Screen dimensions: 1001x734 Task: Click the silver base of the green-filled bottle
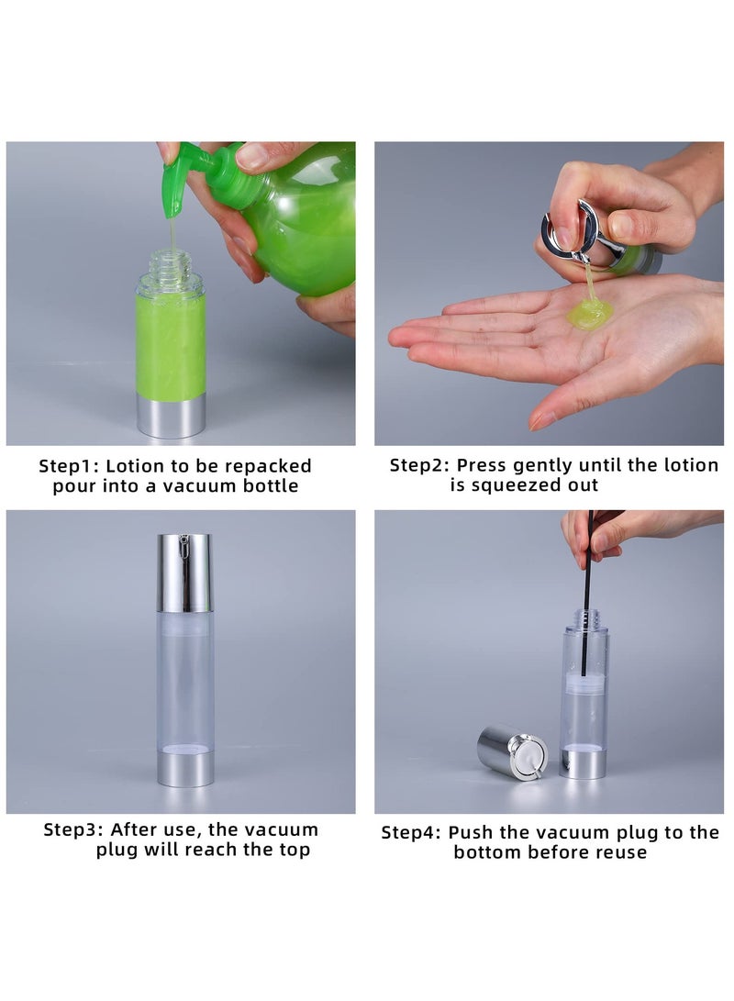pos(171,416)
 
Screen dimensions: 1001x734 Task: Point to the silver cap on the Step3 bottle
pos(183,572)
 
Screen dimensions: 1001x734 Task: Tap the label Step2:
pos(419,465)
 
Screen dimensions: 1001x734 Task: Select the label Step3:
pos(74,829)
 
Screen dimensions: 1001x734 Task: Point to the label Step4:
pos(412,832)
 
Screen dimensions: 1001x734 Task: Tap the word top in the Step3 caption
pos(293,850)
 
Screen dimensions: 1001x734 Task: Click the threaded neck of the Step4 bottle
pos(584,617)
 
